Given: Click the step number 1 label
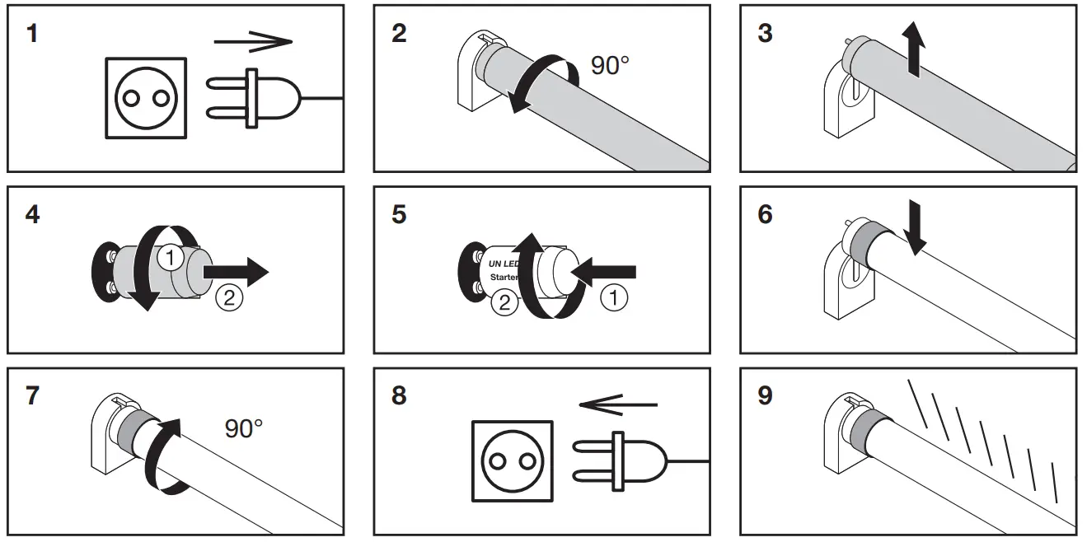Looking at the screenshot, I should click(31, 35).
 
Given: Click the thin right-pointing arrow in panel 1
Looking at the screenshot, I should click(253, 40).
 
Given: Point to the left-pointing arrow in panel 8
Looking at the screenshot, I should click(618, 404).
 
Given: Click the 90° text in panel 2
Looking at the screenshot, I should click(610, 65).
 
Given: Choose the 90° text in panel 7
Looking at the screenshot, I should click(244, 428).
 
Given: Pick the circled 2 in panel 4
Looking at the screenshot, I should click(228, 297).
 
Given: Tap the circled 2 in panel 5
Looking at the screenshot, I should click(504, 304).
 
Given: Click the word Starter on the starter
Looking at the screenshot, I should click(504, 278).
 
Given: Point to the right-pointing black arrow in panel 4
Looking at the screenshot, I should click(236, 270).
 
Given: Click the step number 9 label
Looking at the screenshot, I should click(764, 396).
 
